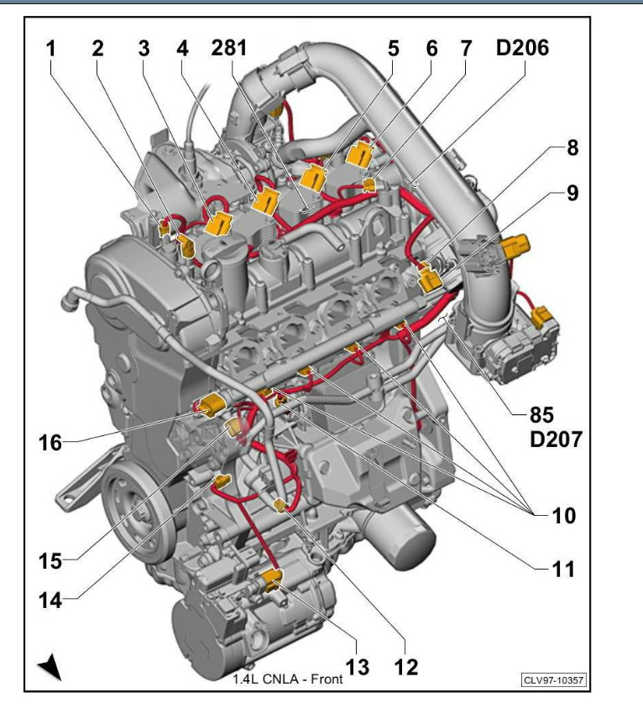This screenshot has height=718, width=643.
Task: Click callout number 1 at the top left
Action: tap(51, 49)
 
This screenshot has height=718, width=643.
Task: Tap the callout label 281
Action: tap(229, 49)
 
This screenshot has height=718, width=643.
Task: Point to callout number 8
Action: tap(571, 148)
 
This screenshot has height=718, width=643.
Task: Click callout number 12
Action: tap(407, 667)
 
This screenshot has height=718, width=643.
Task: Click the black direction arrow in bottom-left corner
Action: tap(52, 669)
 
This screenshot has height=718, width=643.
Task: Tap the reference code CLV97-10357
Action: tap(553, 679)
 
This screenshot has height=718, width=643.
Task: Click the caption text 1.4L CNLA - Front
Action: tap(287, 679)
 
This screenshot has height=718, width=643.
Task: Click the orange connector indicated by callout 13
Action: tap(271, 577)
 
